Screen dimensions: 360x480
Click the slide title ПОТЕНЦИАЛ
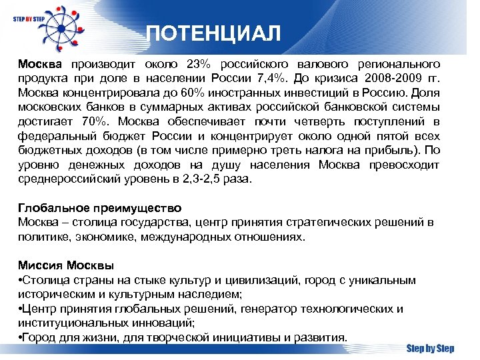[x=213, y=33]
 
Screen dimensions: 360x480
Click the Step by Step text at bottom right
[x=430, y=348]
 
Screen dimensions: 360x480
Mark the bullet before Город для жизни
[x=21, y=337]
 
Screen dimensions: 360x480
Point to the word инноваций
[x=163, y=323]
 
